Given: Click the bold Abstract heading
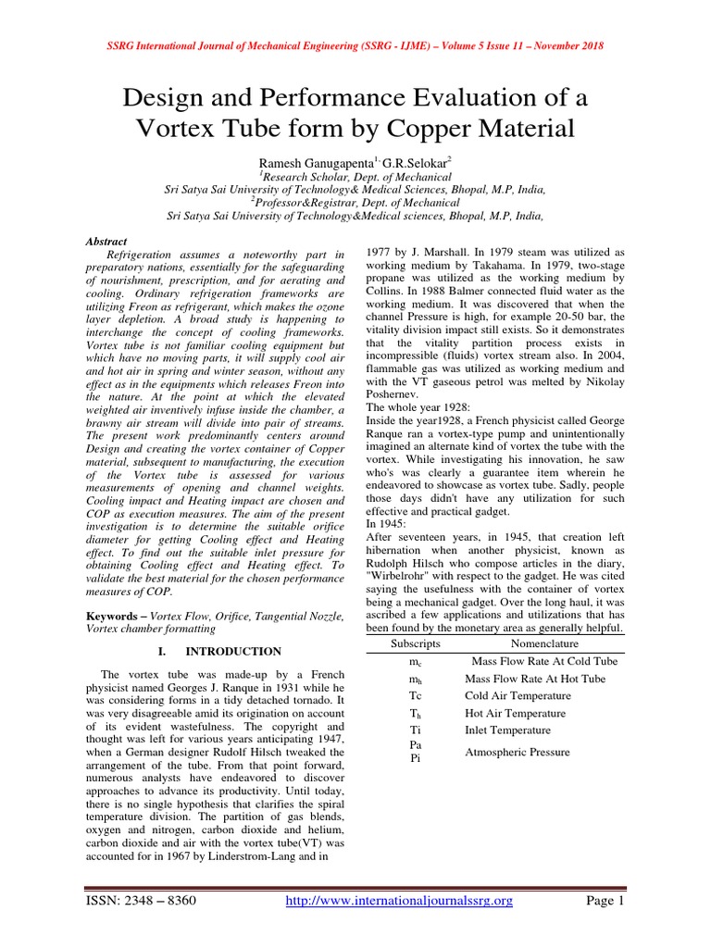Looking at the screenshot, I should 106,241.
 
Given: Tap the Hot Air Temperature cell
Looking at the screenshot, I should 516,714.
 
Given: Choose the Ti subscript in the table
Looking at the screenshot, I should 415,730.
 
